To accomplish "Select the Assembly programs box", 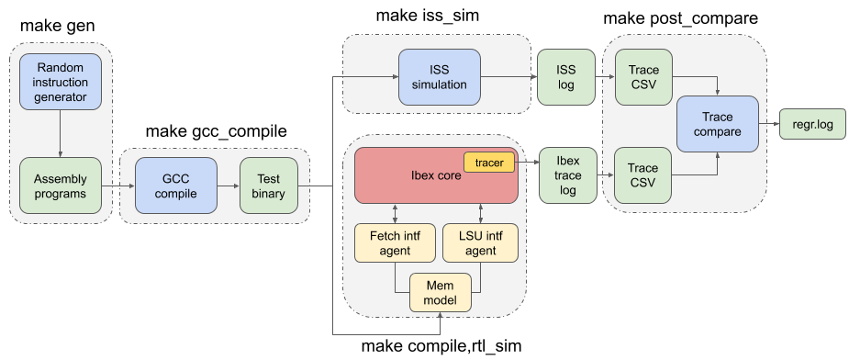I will tap(61, 186).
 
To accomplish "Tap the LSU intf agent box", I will tap(480, 242).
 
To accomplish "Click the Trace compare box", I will tap(717, 125).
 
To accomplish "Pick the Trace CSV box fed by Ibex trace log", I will tap(643, 174).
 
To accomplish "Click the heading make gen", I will tap(58, 26).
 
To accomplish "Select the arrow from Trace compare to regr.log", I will tap(768, 125).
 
